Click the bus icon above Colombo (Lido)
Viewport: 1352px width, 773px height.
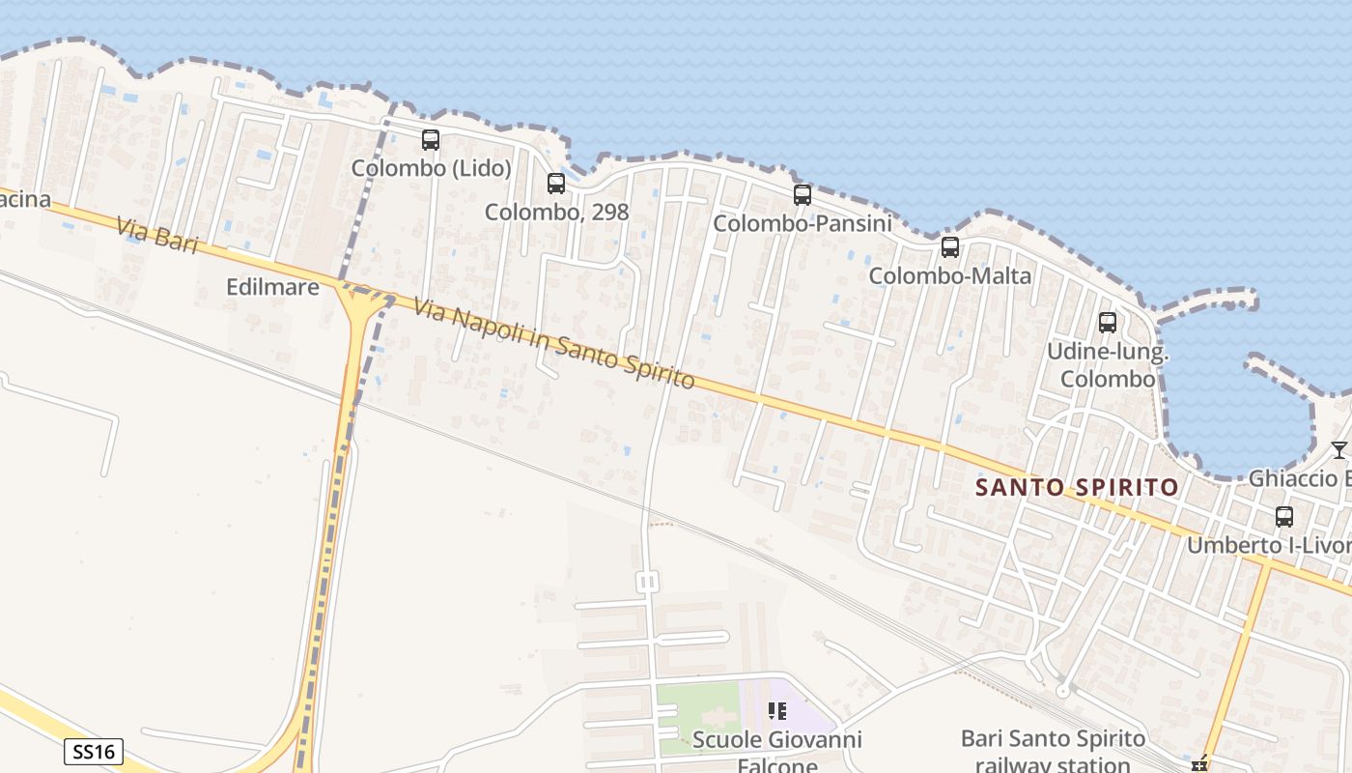point(431,140)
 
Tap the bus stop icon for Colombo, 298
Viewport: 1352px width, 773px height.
point(556,184)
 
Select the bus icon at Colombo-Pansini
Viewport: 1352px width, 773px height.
point(803,195)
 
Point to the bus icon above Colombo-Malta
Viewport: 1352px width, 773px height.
point(950,247)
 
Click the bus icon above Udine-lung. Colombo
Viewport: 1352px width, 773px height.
point(1108,323)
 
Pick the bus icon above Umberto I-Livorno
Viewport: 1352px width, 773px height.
point(1284,517)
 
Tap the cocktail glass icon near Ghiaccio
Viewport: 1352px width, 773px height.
point(1338,449)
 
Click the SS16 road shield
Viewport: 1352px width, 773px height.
point(94,752)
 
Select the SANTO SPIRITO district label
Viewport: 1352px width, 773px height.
point(1077,487)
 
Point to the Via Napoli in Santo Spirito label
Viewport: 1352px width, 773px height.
point(554,344)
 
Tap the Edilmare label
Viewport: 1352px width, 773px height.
point(272,287)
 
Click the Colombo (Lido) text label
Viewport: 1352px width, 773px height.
point(431,168)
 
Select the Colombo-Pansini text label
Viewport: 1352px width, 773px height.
point(802,223)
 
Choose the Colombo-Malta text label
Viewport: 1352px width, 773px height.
point(950,275)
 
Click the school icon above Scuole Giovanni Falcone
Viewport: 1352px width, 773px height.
point(777,712)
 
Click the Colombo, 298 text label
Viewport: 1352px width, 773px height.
point(556,212)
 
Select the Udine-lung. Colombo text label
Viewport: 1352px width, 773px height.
point(1108,364)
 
